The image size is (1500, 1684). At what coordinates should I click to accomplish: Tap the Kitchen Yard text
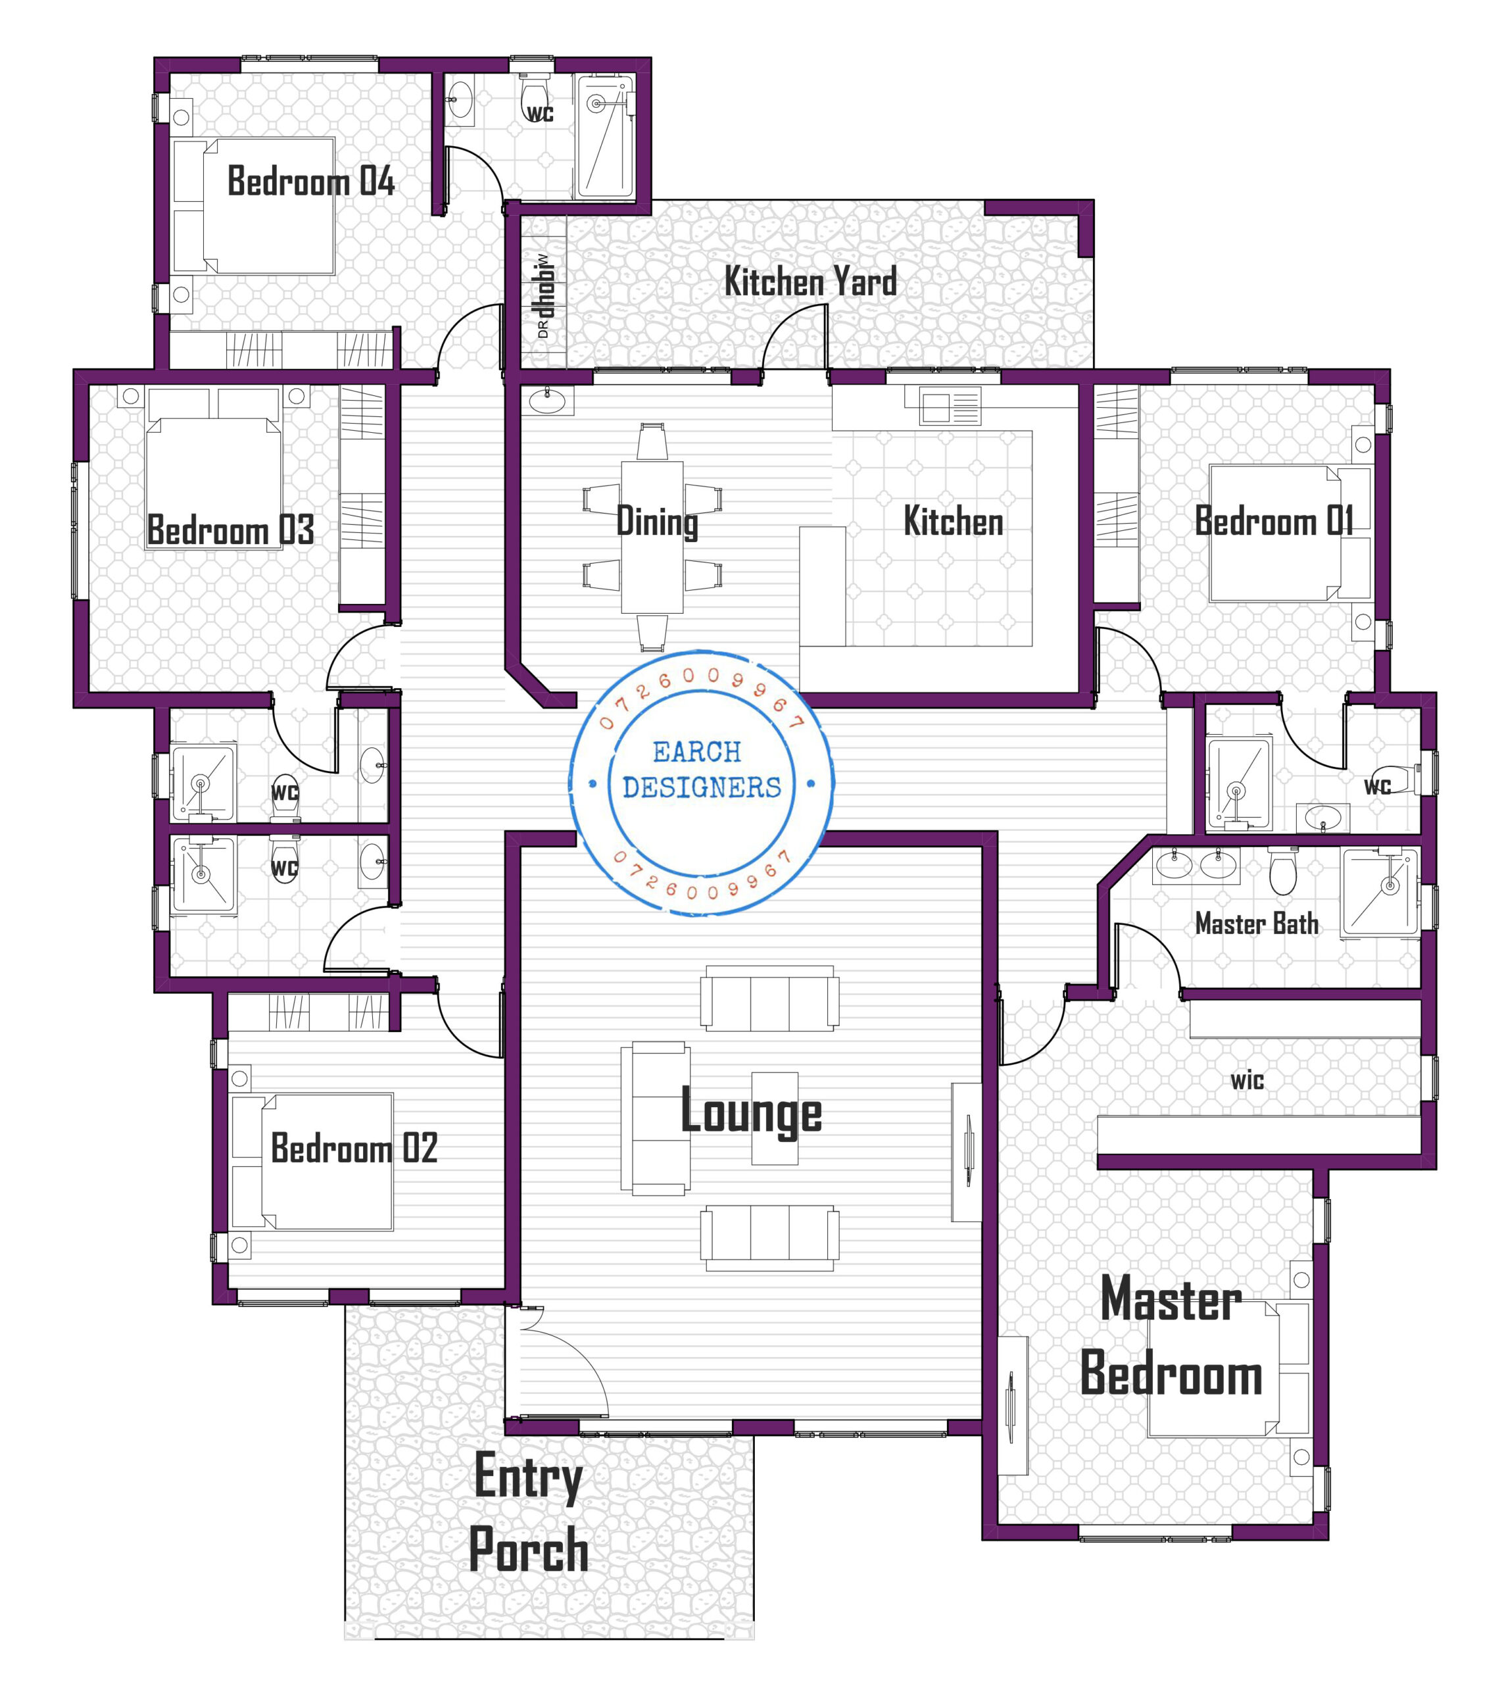(810, 282)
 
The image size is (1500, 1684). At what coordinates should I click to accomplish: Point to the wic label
(1247, 1081)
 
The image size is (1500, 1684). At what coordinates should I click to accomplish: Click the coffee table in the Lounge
(774, 1118)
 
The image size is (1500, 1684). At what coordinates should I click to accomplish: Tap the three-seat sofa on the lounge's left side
(655, 1118)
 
